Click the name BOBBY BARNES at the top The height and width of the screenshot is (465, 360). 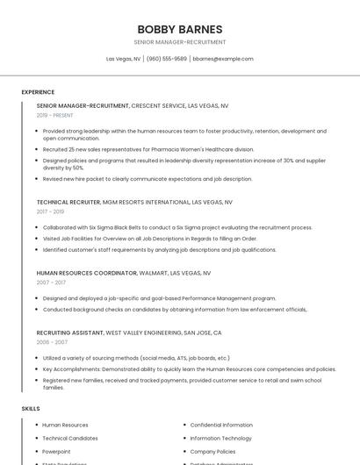click(180, 29)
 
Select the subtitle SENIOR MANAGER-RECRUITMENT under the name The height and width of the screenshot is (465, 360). click(180, 42)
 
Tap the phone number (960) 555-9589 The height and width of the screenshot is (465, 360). click(167, 59)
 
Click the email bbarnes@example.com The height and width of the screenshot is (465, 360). click(223, 59)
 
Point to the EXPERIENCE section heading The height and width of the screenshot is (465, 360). click(38, 92)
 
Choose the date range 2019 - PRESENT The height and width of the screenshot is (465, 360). click(54, 115)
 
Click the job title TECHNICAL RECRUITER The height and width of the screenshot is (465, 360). click(68, 202)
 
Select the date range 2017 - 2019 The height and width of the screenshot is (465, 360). click(50, 211)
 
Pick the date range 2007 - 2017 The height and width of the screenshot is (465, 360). click(51, 283)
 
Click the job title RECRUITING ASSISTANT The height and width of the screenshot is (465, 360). click(70, 333)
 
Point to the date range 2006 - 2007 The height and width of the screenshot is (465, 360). click(52, 343)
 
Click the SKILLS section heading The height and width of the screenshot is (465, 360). click(31, 409)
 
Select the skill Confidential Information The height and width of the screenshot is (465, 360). click(221, 425)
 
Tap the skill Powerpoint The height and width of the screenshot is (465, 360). click(56, 451)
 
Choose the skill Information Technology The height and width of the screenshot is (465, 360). click(220, 438)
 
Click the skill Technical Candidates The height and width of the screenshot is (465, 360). click(70, 438)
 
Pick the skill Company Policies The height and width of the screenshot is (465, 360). click(212, 451)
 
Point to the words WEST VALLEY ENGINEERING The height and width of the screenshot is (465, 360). click(144, 333)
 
